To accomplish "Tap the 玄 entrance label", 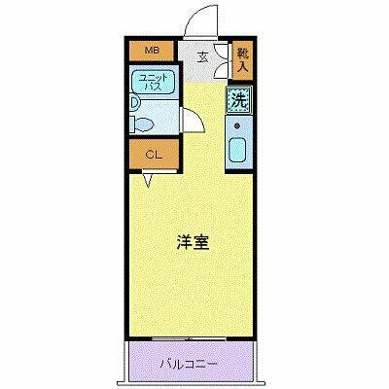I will click(203, 55).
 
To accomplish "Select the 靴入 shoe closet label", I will click(242, 60).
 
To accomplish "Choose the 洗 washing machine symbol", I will click(238, 98).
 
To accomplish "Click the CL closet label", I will click(153, 154).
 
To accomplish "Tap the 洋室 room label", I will click(191, 243).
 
